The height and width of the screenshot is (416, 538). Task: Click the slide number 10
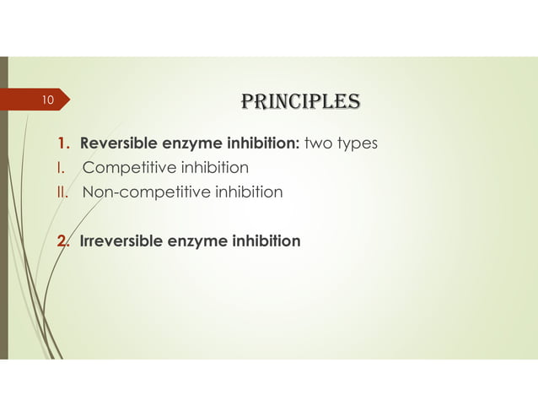(x=47, y=101)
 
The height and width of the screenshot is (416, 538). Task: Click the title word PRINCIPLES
(x=300, y=102)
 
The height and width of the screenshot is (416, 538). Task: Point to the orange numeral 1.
(x=62, y=143)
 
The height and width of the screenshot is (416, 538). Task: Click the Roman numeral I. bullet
(x=60, y=167)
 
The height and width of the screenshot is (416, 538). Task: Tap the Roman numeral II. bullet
(x=62, y=192)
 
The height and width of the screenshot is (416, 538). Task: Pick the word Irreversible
(x=120, y=241)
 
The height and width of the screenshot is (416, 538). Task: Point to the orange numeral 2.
(x=62, y=241)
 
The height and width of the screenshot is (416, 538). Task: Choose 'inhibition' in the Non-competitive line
(x=243, y=192)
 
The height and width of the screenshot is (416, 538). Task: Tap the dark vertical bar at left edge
(x=3, y=211)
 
